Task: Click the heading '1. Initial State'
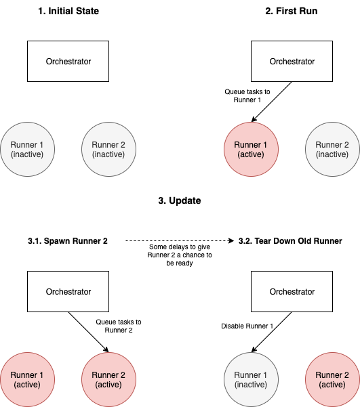click(68, 11)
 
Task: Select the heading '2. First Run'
click(292, 11)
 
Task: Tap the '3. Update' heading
click(180, 200)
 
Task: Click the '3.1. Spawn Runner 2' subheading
click(68, 241)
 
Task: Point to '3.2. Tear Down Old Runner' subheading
click(290, 241)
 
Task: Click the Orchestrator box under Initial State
click(68, 61)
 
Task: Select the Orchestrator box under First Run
click(292, 61)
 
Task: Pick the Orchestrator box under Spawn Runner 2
click(68, 291)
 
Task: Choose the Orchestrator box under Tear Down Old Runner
click(292, 291)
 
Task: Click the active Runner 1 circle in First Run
click(251, 149)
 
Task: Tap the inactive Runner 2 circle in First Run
click(332, 149)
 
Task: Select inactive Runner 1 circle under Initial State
click(27, 149)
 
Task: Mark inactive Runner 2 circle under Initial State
click(108, 149)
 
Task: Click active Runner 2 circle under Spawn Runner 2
click(108, 379)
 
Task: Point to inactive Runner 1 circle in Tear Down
click(251, 379)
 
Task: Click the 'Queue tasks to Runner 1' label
click(247, 95)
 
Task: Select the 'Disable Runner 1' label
click(247, 326)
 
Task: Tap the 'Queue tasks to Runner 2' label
click(119, 326)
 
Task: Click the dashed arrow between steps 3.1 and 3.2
click(180, 241)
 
